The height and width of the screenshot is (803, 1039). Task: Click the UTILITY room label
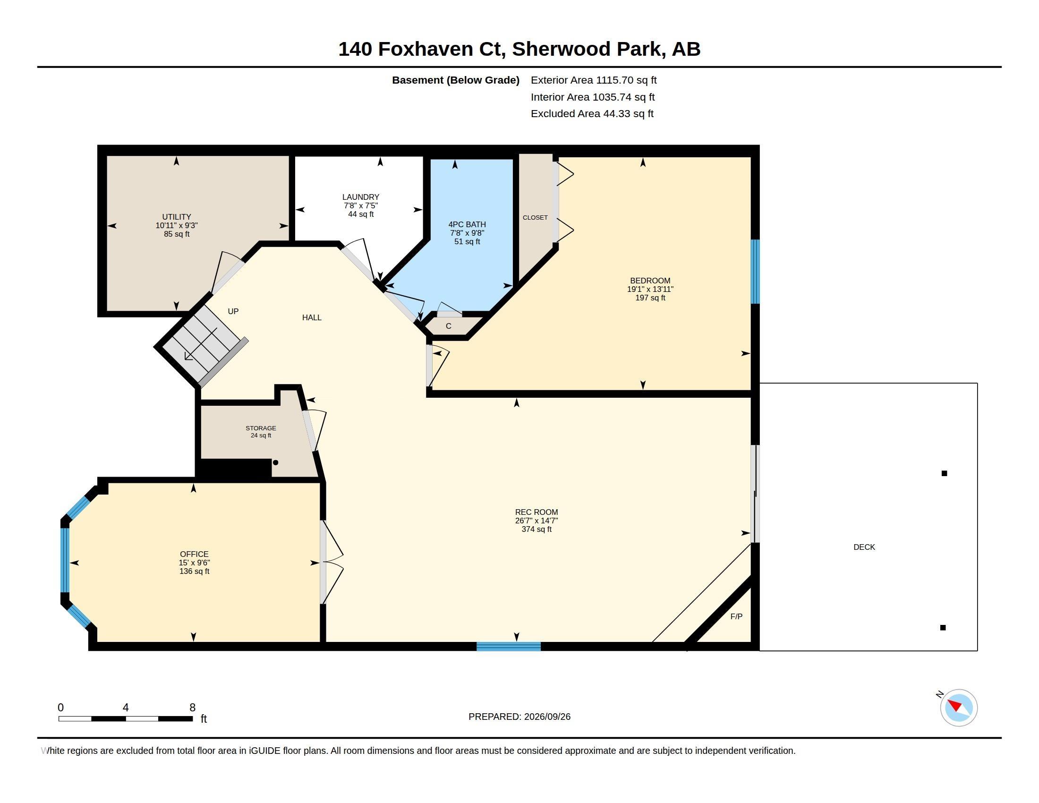177,217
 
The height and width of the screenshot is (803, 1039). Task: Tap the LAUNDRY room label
361,197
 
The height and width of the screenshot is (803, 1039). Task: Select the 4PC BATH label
467,224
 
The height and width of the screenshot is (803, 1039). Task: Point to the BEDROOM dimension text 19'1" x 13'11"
650,289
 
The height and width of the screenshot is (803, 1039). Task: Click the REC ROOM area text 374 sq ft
537,529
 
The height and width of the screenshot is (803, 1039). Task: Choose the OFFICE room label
194,554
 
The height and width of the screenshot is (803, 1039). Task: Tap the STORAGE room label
261,428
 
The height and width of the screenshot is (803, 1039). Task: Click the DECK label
864,547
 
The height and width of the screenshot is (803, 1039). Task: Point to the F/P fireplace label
736,616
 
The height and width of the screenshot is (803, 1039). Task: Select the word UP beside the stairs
233,311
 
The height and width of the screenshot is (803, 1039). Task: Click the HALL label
312,317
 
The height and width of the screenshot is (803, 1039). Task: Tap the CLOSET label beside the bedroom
535,217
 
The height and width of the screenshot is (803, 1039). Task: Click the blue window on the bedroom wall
755,272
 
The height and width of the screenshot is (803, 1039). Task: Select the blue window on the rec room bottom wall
509,646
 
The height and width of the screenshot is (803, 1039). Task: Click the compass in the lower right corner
959,708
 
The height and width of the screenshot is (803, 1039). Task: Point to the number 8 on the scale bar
193,708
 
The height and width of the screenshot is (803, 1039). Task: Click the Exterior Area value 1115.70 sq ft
626,80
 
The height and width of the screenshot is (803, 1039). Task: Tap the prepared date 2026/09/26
547,717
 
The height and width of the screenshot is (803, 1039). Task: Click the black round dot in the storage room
275,462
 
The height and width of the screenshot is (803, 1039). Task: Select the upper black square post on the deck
945,473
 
